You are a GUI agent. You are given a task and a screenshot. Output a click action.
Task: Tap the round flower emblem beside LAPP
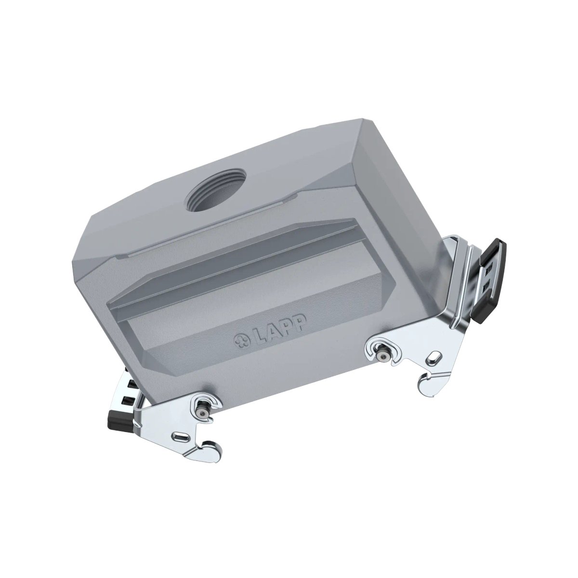(x=242, y=341)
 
